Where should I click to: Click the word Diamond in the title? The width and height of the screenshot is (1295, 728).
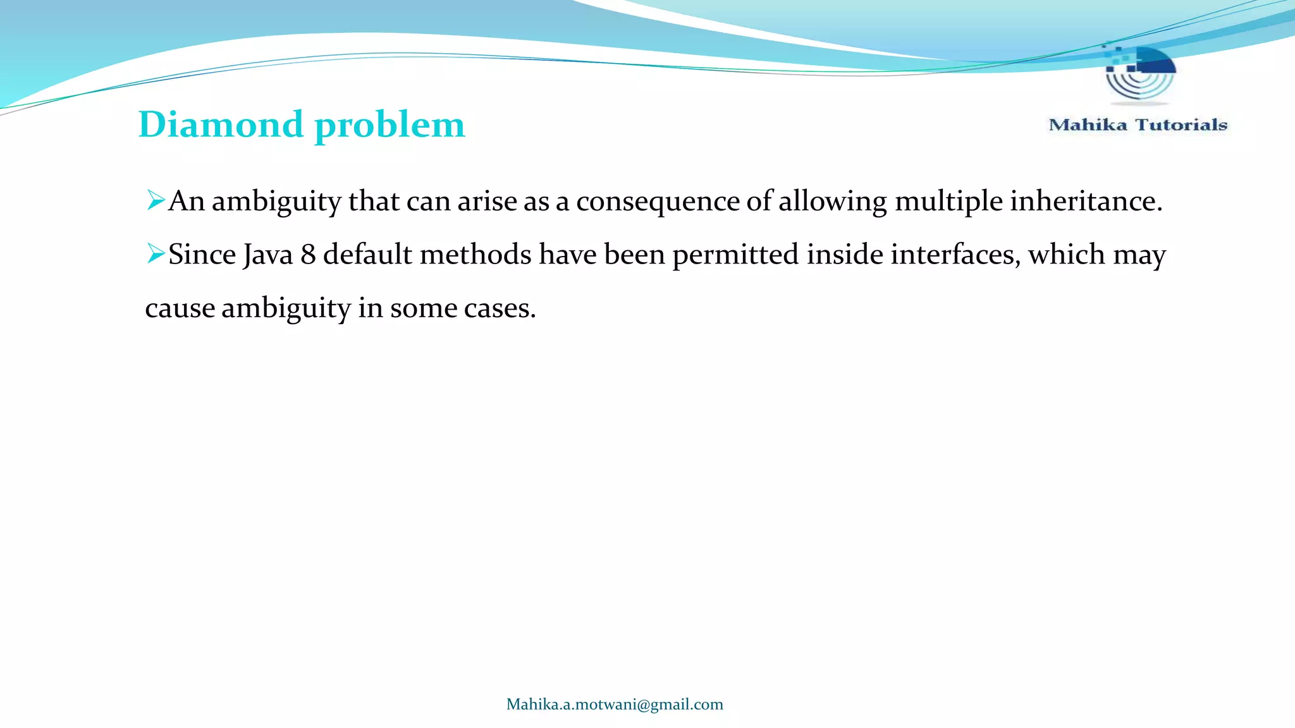click(x=221, y=124)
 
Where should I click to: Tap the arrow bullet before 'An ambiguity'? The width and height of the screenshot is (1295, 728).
click(x=156, y=200)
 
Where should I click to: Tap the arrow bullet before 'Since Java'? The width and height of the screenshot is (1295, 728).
click(x=156, y=253)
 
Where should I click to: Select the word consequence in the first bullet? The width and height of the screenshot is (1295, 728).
click(x=658, y=202)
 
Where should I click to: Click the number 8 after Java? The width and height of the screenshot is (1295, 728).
click(x=308, y=255)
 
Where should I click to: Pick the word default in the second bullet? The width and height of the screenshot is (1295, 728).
click(x=367, y=255)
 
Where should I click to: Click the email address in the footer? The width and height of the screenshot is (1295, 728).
click(x=615, y=705)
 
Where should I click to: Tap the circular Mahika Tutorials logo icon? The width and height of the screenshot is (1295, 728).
click(x=1140, y=73)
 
